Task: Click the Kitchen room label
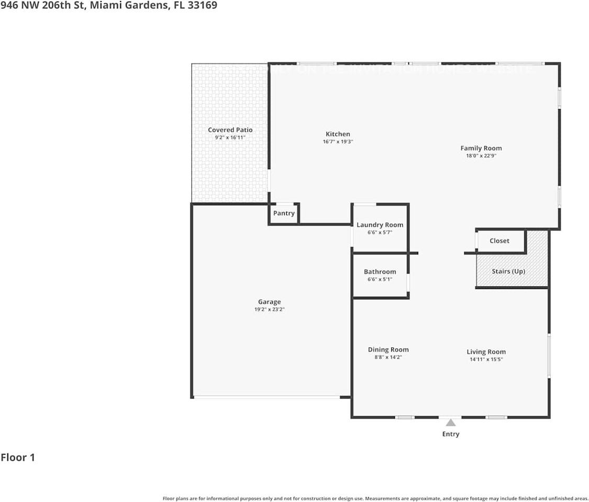[338, 134]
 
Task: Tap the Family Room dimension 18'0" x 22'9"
[481, 156]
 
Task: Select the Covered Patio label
[230, 130]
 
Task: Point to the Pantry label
[284, 213]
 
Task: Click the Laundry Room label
[380, 225]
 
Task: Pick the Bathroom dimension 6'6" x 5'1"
[380, 279]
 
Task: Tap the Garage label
[269, 302]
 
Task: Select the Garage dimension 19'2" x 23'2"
[269, 310]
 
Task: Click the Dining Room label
[388, 350]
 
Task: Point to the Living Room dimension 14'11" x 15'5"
[486, 360]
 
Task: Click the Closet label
[499, 241]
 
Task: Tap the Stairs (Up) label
[508, 271]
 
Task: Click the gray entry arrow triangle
[450, 423]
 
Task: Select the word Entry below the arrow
[450, 434]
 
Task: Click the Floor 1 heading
[18, 458]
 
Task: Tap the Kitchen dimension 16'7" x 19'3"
[338, 142]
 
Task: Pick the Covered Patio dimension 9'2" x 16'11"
[230, 138]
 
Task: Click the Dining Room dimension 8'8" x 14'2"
[388, 358]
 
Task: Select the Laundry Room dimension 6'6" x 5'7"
[380, 232]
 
